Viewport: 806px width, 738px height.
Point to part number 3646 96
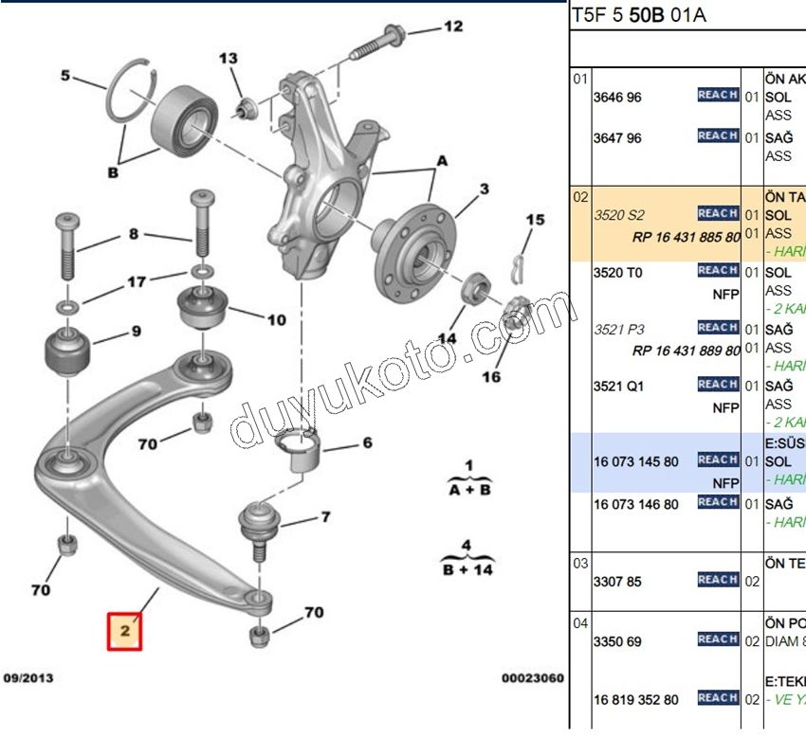(617, 97)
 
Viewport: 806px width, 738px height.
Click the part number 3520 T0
(617, 272)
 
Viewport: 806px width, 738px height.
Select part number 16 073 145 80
(635, 460)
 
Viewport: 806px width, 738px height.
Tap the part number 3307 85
(617, 581)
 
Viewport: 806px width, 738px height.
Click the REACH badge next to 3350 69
(718, 639)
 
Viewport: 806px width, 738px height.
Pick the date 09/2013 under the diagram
(27, 678)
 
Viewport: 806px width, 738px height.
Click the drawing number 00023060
(533, 678)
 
